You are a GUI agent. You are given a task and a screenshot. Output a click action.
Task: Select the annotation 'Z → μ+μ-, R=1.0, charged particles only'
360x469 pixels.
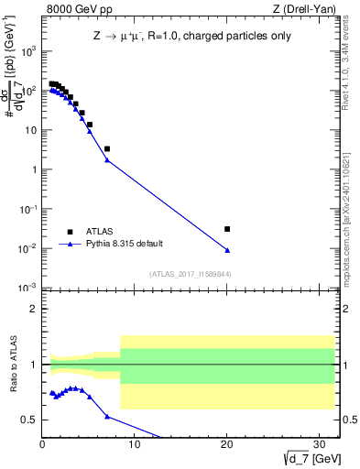(x=188, y=39)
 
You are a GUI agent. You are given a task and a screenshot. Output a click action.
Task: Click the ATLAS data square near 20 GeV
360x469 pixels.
(x=227, y=229)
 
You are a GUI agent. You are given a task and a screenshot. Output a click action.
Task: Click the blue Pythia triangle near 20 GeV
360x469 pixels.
(x=227, y=250)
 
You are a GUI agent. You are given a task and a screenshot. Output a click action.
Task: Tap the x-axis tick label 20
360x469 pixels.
(x=226, y=444)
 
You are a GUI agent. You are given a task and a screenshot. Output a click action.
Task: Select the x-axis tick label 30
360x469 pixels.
(x=318, y=444)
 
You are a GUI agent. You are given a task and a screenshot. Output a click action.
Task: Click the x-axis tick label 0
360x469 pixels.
(x=42, y=444)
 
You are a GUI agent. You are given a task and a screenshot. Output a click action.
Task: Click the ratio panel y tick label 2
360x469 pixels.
(x=33, y=309)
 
